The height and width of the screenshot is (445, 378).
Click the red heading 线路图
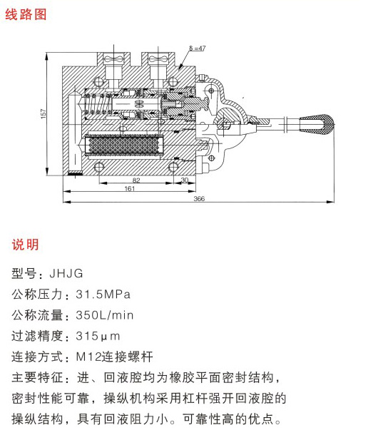pos(26,14)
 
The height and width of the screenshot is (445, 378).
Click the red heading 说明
pos(25,245)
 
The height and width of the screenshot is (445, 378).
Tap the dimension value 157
pos(44,113)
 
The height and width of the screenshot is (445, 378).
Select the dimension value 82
pos(136,180)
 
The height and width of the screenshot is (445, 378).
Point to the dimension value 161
pos(129,188)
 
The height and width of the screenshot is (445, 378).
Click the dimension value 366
pos(199,198)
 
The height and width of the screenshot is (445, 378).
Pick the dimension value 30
pos(185,180)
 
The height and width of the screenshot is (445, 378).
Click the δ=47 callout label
pos(198,48)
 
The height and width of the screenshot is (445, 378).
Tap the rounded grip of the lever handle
pos(317,124)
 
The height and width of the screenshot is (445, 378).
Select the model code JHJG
pos(66,274)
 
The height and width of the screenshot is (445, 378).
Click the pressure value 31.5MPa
pos(103,295)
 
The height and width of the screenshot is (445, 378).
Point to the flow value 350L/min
pos(104,315)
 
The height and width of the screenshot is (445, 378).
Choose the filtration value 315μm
pos(98,337)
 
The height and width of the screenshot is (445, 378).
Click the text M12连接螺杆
pos(114,357)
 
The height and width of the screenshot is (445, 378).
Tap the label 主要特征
pos(37,378)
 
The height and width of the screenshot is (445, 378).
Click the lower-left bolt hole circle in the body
pos(98,167)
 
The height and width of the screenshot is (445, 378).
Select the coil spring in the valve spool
pos(96,104)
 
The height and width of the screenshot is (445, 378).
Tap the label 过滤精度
pos(37,337)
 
